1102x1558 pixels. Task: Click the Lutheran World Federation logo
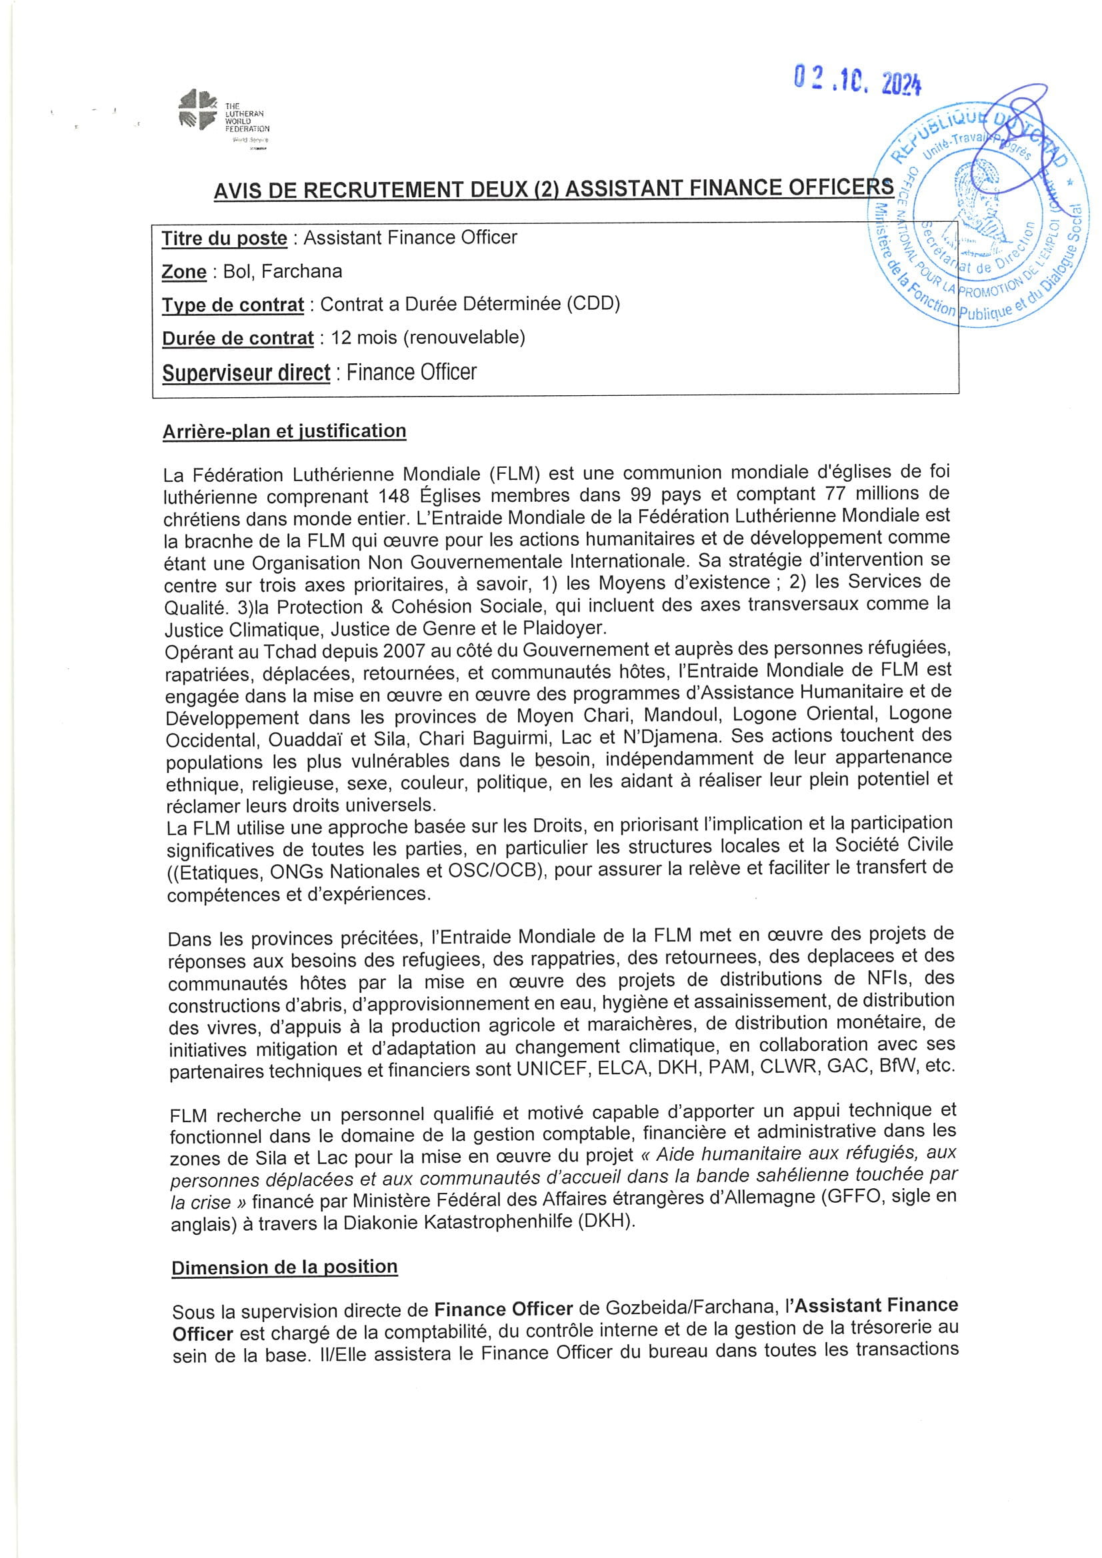(x=223, y=116)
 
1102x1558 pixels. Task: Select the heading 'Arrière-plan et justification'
(x=285, y=432)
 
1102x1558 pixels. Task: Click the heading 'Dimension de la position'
(x=285, y=1267)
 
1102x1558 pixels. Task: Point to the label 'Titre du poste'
(x=224, y=238)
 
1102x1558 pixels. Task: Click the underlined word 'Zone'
(x=184, y=271)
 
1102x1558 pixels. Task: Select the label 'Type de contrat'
(x=233, y=305)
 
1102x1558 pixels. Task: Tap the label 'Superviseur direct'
(x=247, y=373)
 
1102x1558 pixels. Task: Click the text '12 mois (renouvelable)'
(x=428, y=337)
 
